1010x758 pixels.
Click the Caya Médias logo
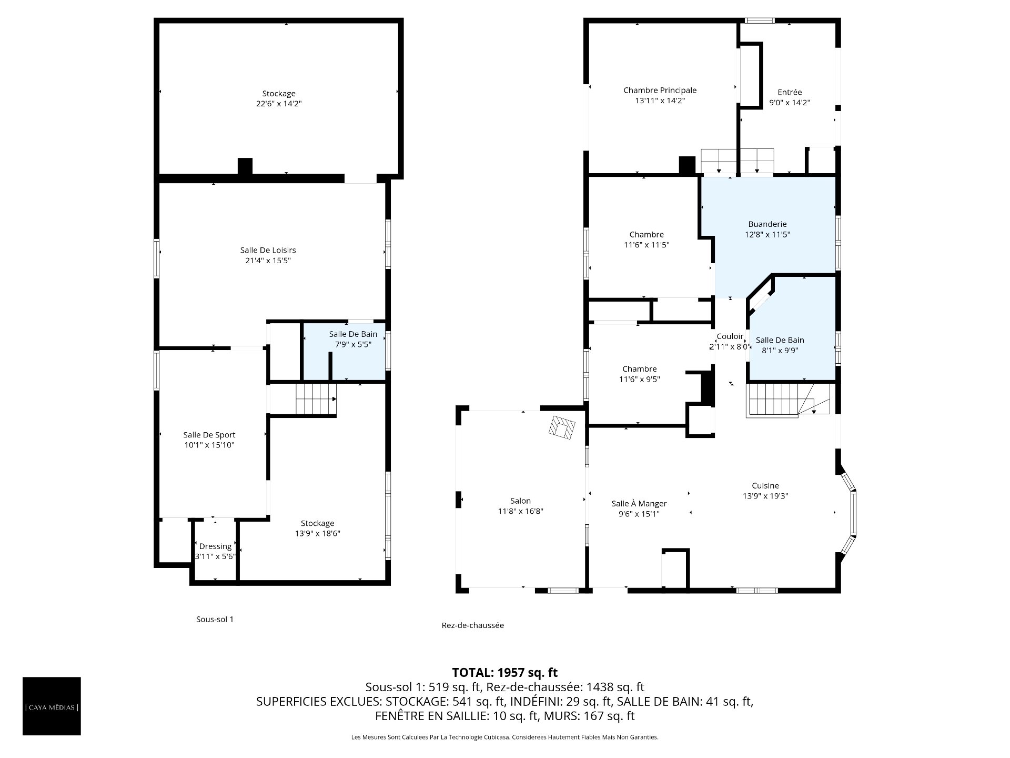[52, 706]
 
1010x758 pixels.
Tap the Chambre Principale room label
[660, 91]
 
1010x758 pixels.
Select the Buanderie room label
[767, 224]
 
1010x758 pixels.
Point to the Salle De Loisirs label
[268, 251]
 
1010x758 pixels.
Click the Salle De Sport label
[209, 435]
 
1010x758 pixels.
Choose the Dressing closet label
[215, 546]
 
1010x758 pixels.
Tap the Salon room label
[520, 501]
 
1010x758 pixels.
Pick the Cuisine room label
[765, 486]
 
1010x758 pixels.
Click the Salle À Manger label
[639, 504]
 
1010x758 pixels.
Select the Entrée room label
[790, 93]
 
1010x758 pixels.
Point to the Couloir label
[730, 336]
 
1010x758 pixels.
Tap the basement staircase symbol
[316, 400]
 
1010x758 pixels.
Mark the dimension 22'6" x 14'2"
[279, 104]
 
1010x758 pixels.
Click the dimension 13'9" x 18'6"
[317, 533]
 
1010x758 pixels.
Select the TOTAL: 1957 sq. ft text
[505, 672]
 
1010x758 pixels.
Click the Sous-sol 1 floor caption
[215, 620]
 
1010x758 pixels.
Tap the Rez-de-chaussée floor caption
[473, 625]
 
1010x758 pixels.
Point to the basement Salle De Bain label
[353, 334]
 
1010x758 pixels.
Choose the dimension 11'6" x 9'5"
[639, 379]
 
